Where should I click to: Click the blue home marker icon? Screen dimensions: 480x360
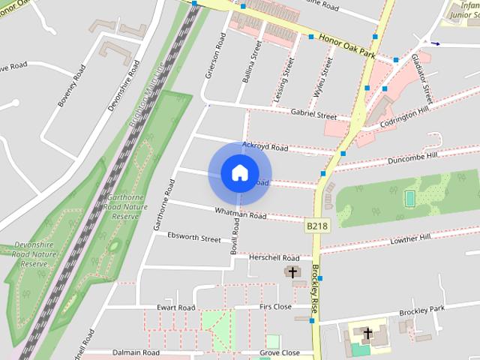pyautogui.click(x=239, y=173)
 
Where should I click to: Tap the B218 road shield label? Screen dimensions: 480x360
pyautogui.click(x=316, y=224)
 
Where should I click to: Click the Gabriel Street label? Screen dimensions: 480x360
pyautogui.click(x=313, y=115)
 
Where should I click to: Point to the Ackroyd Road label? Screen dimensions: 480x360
pyautogui.click(x=265, y=148)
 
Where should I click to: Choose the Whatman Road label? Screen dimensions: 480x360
pyautogui.click(x=240, y=214)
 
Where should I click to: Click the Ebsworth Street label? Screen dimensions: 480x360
pyautogui.click(x=194, y=239)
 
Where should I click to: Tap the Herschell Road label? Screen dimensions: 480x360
pyautogui.click(x=274, y=257)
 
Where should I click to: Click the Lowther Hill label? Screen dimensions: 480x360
pyautogui.click(x=410, y=238)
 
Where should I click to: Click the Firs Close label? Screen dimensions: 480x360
pyautogui.click(x=275, y=307)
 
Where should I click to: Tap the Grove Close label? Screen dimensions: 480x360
pyautogui.click(x=280, y=352)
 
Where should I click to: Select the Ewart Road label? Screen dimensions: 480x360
pyautogui.click(x=175, y=307)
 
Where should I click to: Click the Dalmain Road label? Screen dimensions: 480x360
pyautogui.click(x=136, y=352)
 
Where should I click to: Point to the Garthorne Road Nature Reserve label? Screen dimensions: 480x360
pyautogui.click(x=121, y=205)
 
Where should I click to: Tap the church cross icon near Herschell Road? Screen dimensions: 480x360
pyautogui.click(x=292, y=272)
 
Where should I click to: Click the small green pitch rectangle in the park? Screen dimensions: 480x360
pyautogui.click(x=409, y=198)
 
